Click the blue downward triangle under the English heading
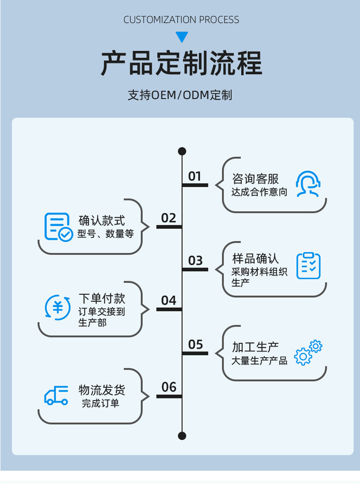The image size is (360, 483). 182,37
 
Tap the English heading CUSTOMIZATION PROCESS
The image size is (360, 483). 181,20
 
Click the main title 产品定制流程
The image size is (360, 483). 181,64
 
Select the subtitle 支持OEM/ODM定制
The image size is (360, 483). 180,95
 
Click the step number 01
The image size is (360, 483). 195,176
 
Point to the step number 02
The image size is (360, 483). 169,218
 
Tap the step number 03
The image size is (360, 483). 195,260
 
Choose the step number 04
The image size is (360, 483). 169,300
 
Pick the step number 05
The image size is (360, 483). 195,345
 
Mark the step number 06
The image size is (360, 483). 169,387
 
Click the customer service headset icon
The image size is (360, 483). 308,184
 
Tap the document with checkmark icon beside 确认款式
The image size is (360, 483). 58,227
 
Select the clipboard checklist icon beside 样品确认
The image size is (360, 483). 309,266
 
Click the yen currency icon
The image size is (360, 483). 58,307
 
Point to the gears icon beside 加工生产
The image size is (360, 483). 308,353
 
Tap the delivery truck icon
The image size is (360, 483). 57,395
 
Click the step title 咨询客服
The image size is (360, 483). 255,178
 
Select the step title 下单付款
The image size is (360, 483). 102,299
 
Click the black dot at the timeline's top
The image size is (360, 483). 182,151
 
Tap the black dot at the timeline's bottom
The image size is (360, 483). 182,436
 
